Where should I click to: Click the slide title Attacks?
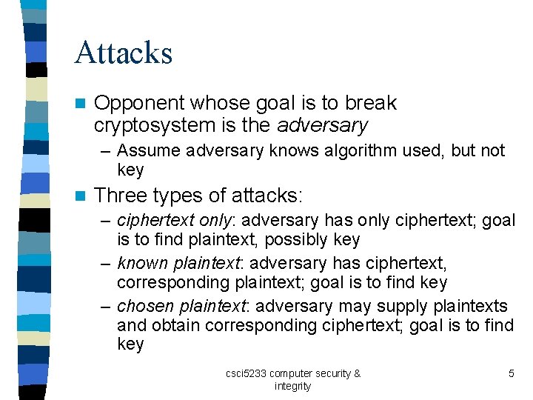coord(123,53)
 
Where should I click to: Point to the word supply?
coord(402,307)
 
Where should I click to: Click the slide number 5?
coord(511,373)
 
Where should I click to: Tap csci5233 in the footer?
coord(247,373)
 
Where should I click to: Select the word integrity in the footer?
coord(292,386)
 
